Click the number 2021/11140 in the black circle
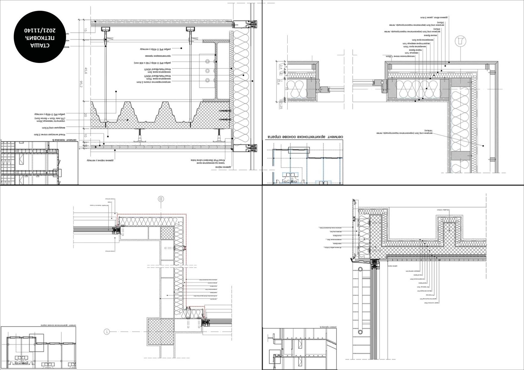point(40,30)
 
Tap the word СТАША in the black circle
point(40,45)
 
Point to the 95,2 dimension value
point(81,84)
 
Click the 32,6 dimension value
point(279,81)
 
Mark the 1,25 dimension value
point(281,106)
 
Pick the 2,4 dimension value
point(281,66)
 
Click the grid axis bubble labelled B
point(161,199)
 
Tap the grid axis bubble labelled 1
point(107,332)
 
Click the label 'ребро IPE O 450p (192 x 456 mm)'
point(152,63)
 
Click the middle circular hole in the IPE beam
point(207,71)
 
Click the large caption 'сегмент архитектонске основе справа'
point(304,137)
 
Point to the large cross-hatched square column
point(161,332)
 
